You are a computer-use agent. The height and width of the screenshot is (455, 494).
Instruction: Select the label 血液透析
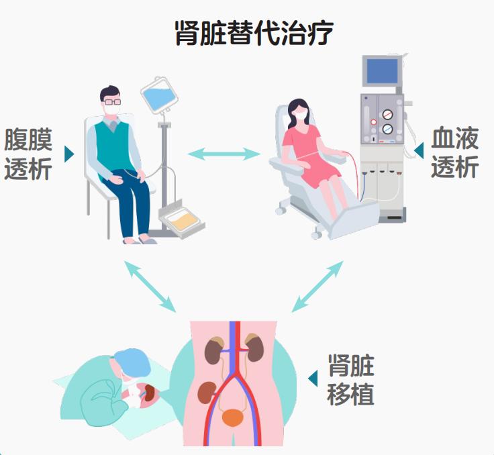(454, 154)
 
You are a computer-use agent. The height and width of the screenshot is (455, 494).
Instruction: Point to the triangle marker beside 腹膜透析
(68, 154)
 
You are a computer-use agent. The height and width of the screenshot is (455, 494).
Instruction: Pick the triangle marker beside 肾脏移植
(313, 378)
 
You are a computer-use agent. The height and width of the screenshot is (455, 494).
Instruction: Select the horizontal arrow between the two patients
(223, 154)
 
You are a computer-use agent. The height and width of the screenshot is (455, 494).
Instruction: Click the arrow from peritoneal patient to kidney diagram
(149, 286)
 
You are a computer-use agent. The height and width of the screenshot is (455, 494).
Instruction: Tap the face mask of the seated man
(113, 105)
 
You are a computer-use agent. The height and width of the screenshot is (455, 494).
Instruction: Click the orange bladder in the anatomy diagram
(233, 417)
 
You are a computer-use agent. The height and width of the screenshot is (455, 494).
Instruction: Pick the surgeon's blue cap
(132, 363)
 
